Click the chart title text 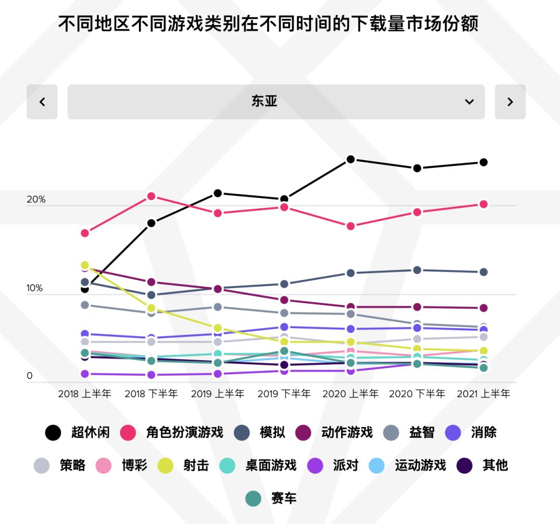point(268,24)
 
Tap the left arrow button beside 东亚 point(42,102)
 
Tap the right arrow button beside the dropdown point(510,102)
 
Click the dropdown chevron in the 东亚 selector point(469,102)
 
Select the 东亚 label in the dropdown point(264,102)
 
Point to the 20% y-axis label point(36,200)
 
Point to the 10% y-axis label point(35,288)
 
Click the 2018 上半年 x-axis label point(85,394)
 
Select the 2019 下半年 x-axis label point(284,394)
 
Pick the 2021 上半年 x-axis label point(483,394)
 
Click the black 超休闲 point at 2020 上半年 point(351,159)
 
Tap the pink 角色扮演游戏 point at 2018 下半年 point(151,196)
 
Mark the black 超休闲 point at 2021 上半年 point(483,162)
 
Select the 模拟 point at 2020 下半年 point(417,270)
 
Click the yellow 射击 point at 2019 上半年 point(218,328)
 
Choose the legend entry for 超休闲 point(78,432)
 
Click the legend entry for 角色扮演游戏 point(172,432)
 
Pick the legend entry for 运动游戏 point(408,465)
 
